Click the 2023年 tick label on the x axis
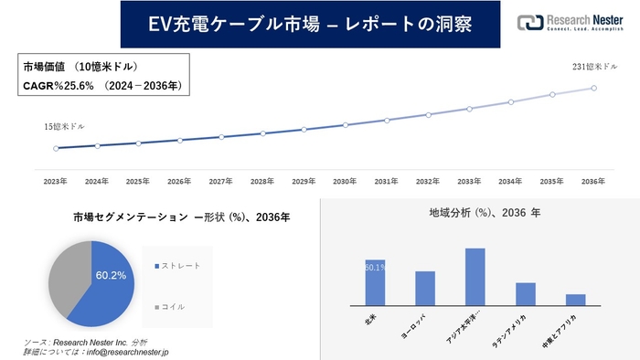(56, 182)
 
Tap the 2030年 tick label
(345, 182)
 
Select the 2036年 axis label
(593, 182)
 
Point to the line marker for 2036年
(594, 88)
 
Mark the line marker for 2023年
(56, 148)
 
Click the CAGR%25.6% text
(60, 86)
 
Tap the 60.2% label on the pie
(111, 274)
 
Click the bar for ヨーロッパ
(424, 288)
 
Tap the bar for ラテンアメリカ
(525, 293)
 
